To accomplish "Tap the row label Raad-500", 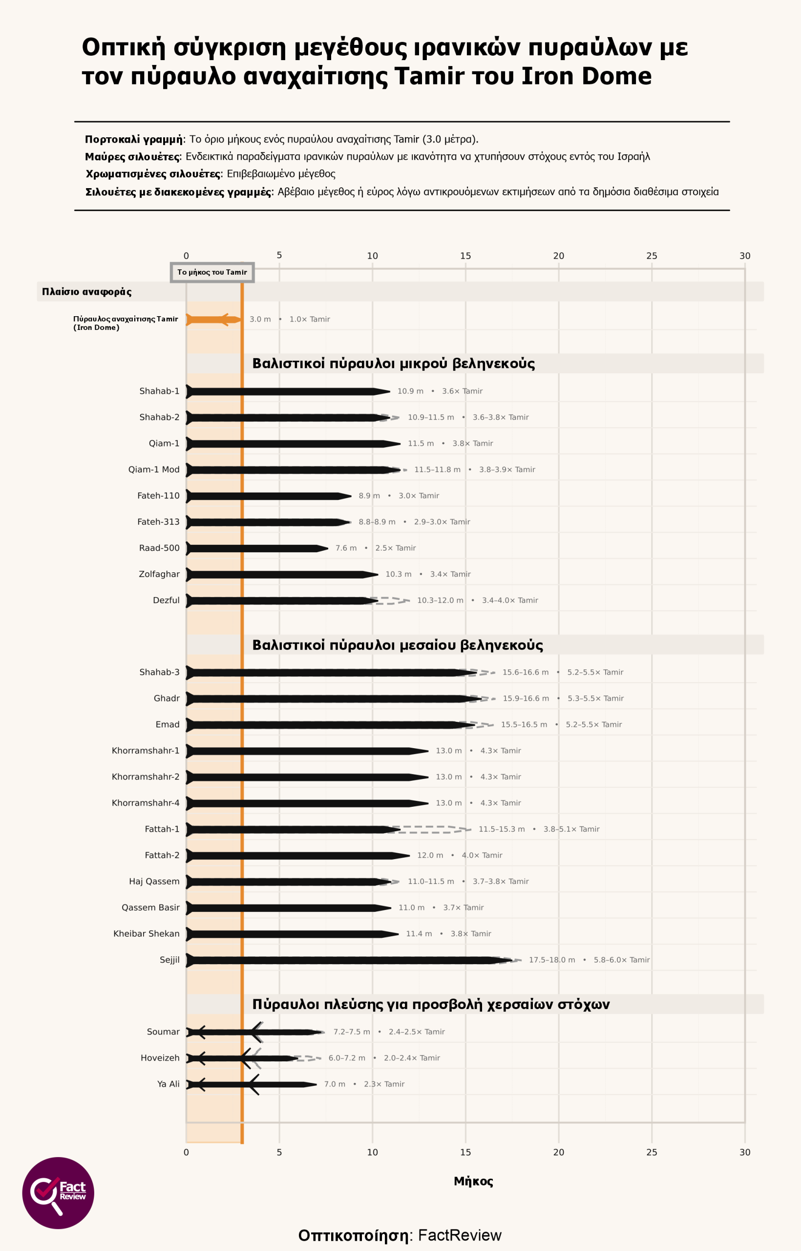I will click(159, 548).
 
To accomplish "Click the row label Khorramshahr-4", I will click(146, 803).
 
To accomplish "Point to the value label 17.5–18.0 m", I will click(552, 960).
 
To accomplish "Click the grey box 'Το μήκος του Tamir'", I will click(212, 272).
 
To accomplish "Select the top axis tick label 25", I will click(652, 256).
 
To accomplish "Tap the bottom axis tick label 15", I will click(465, 1152).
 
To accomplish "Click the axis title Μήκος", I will click(473, 1181).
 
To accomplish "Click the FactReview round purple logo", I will click(58, 1193).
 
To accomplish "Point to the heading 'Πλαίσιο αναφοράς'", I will click(87, 292).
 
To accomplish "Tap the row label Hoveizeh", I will click(160, 1058).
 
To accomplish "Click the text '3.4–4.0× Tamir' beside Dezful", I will click(510, 601).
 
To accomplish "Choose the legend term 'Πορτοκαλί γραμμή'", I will click(134, 139).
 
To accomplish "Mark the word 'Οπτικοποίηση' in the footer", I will click(353, 1235).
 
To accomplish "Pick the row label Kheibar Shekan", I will click(146, 933).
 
